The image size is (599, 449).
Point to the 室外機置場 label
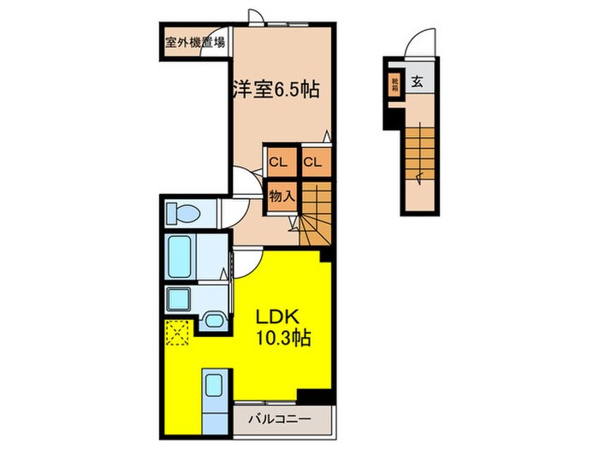(x=195, y=40)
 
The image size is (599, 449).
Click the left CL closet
(x=278, y=161)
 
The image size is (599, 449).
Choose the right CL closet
(x=311, y=161)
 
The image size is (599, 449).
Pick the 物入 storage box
(x=282, y=196)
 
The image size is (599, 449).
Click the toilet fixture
(x=181, y=213)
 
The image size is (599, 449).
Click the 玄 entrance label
(x=418, y=83)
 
